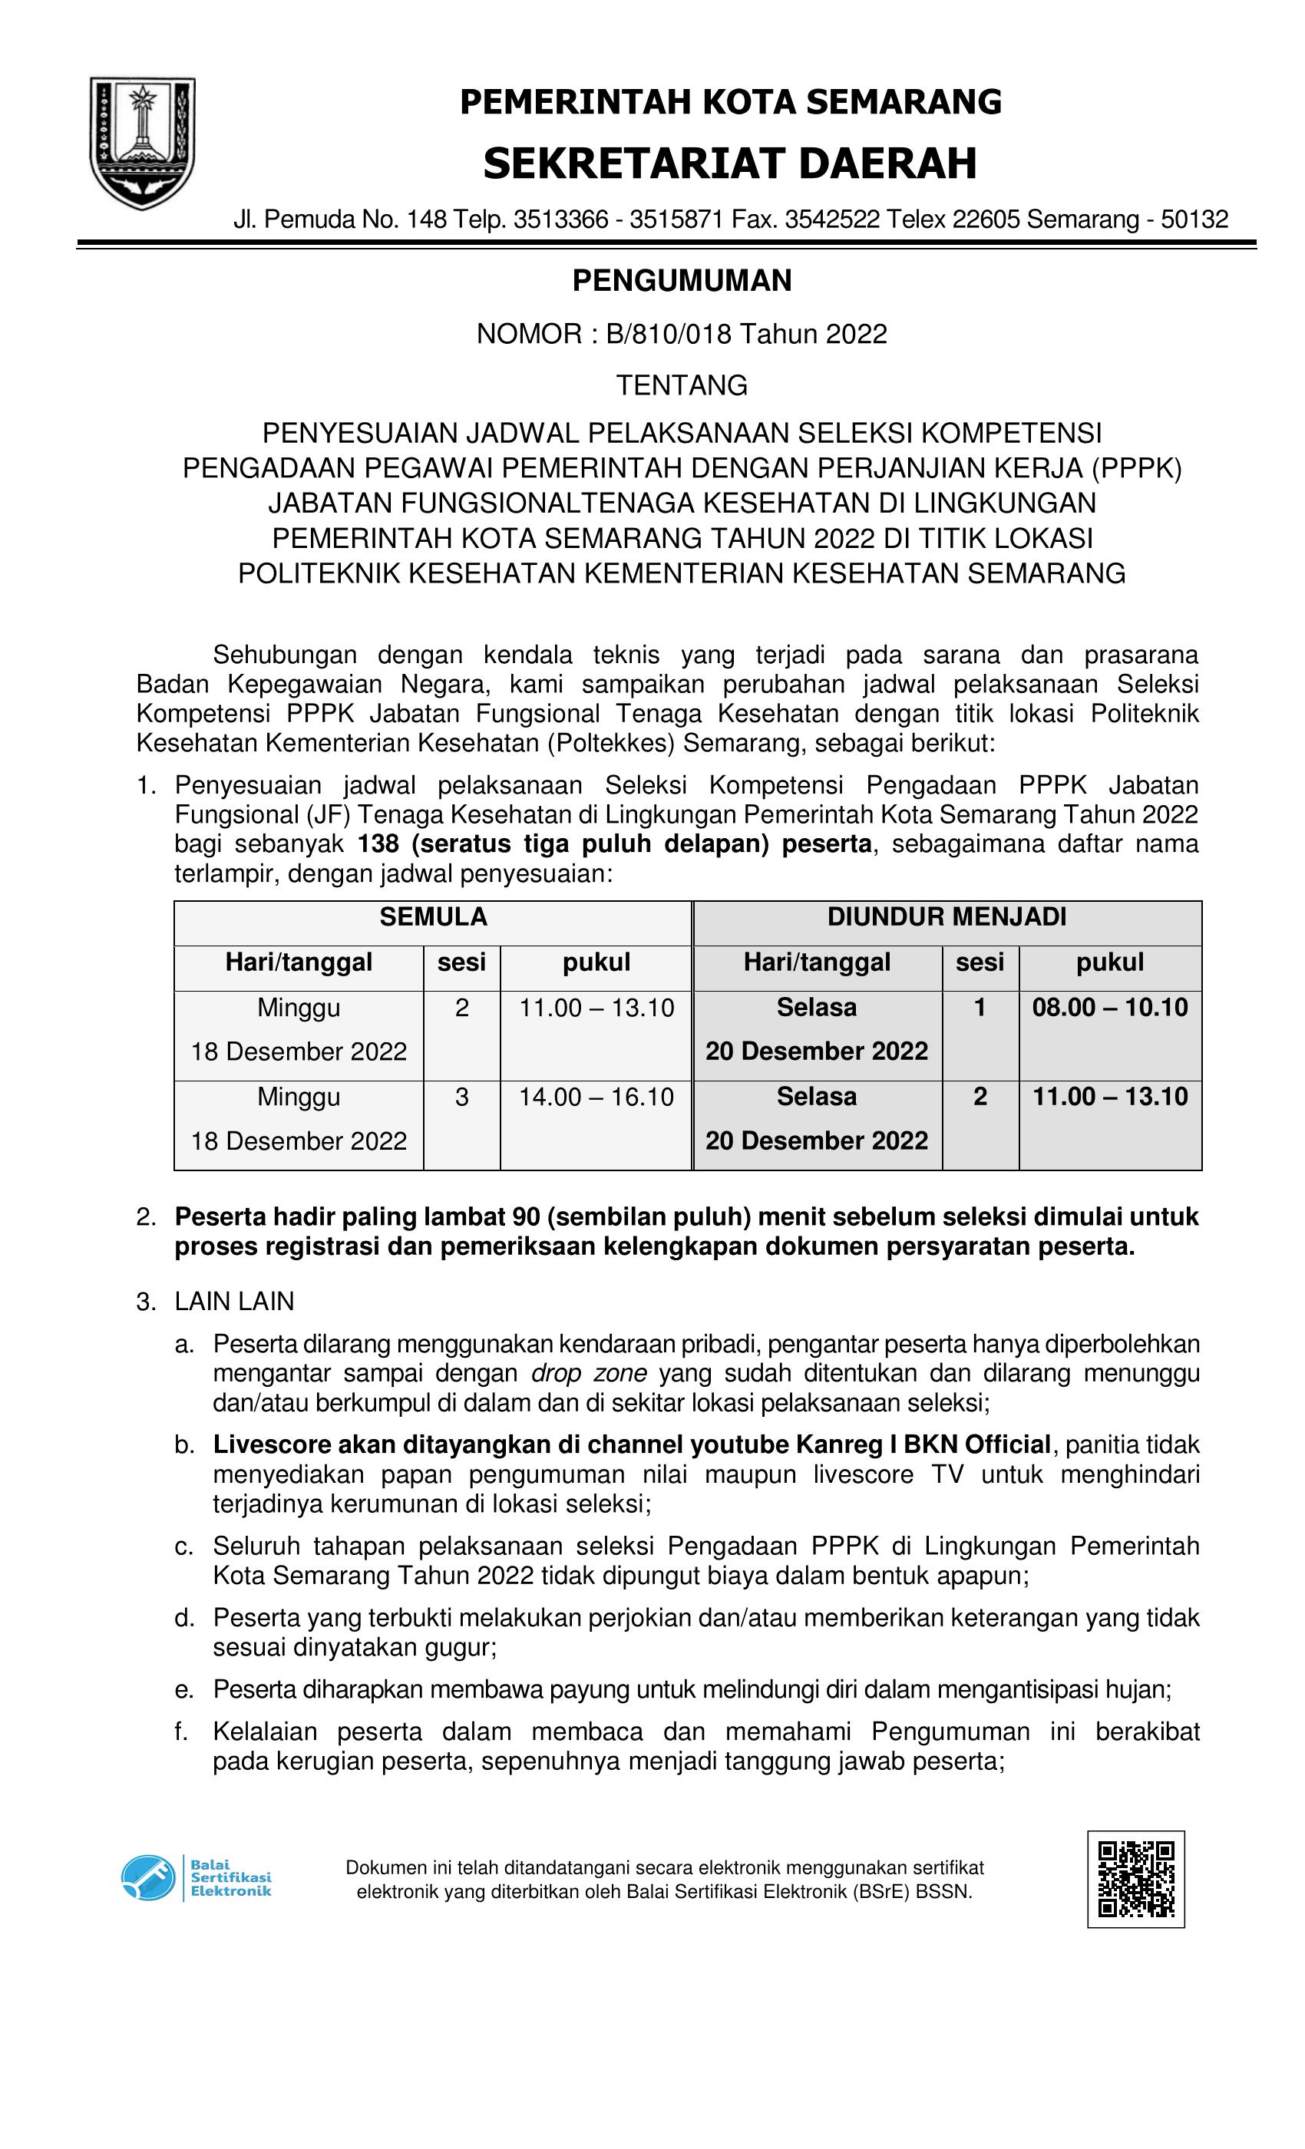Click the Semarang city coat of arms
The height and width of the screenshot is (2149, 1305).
coord(142,142)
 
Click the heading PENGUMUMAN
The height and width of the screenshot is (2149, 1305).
coord(682,281)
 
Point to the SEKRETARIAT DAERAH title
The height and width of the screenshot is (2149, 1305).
coord(729,164)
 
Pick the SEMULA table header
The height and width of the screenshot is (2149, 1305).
coord(433,917)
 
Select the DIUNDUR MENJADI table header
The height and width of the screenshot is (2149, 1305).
coord(947,917)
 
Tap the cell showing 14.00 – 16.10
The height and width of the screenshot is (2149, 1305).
coord(596,1098)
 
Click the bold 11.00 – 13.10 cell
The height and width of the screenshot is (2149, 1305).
coord(1109,1098)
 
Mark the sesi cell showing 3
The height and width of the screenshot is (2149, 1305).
coord(461,1098)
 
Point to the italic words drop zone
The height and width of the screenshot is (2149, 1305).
coord(589,1374)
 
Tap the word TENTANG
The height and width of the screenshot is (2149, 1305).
coord(682,385)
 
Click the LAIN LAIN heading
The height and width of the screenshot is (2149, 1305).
coord(234,1301)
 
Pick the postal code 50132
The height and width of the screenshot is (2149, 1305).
coord(1194,220)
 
